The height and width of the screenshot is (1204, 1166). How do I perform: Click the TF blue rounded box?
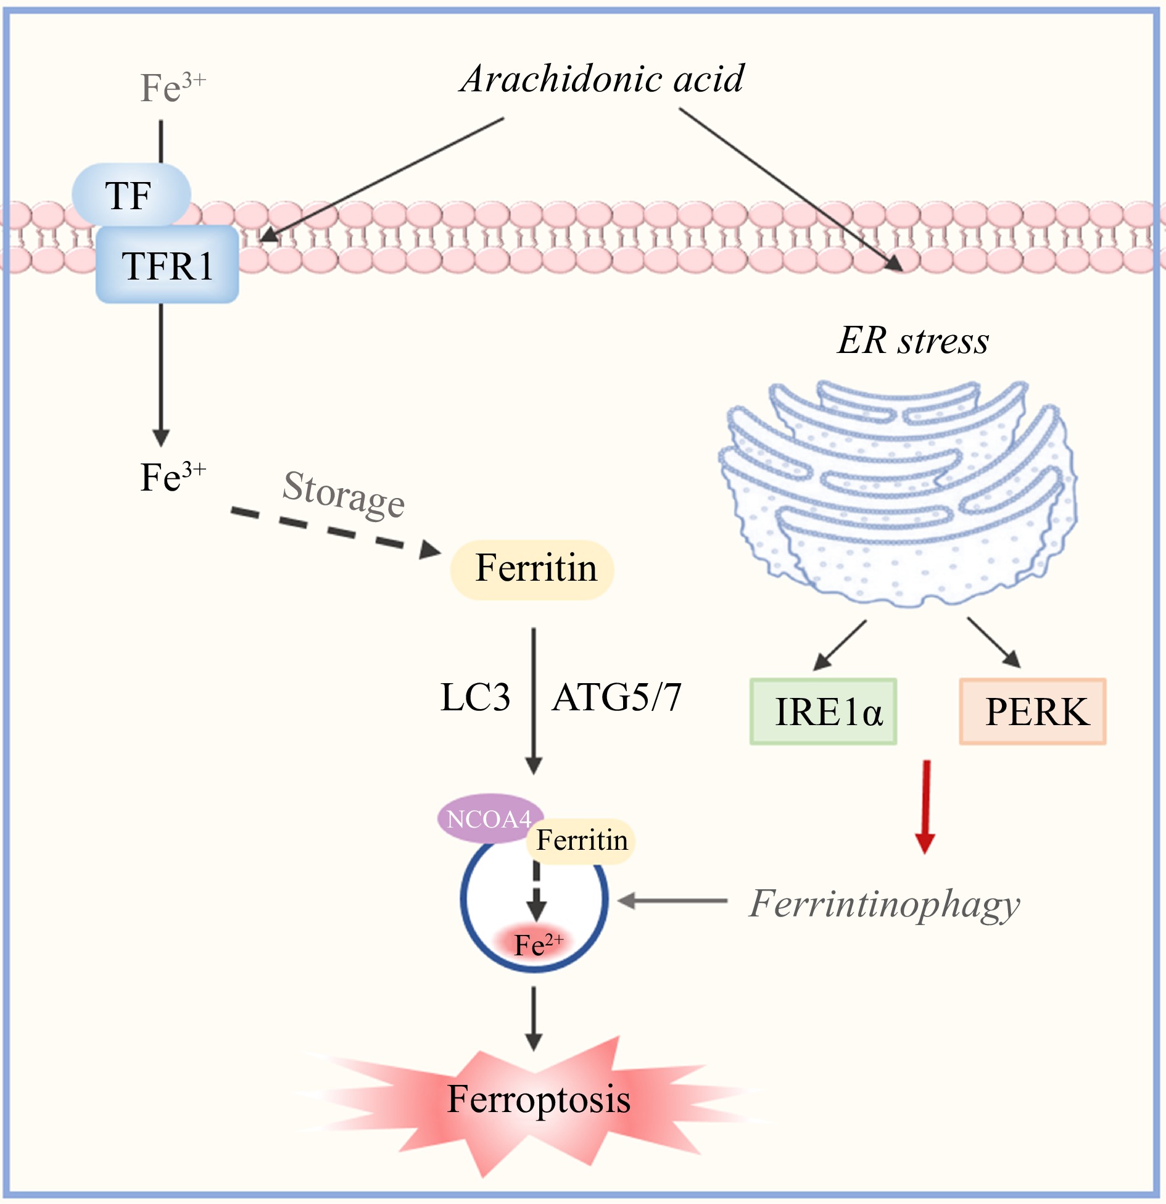pos(131,195)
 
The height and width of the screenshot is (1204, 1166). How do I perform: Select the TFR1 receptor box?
pos(167,265)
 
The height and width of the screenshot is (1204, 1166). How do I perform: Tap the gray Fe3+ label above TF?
pos(172,87)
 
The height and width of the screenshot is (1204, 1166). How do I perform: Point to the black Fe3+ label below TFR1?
pos(172,477)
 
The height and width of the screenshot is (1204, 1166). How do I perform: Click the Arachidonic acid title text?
pos(602,79)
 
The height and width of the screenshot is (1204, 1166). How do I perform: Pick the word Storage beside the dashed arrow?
pos(343,494)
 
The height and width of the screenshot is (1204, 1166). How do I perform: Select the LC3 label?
pos(475,697)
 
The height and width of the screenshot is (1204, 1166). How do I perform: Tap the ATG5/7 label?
pos(616,697)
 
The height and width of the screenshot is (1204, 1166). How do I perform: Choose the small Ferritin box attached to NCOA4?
pos(581,840)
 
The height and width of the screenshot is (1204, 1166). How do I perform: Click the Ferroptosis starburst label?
pos(538,1099)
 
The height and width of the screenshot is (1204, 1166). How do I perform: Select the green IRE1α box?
pos(823,712)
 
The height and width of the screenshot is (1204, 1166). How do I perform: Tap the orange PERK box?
pos(1033,712)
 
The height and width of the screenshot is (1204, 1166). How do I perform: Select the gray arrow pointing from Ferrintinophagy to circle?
pos(672,901)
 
